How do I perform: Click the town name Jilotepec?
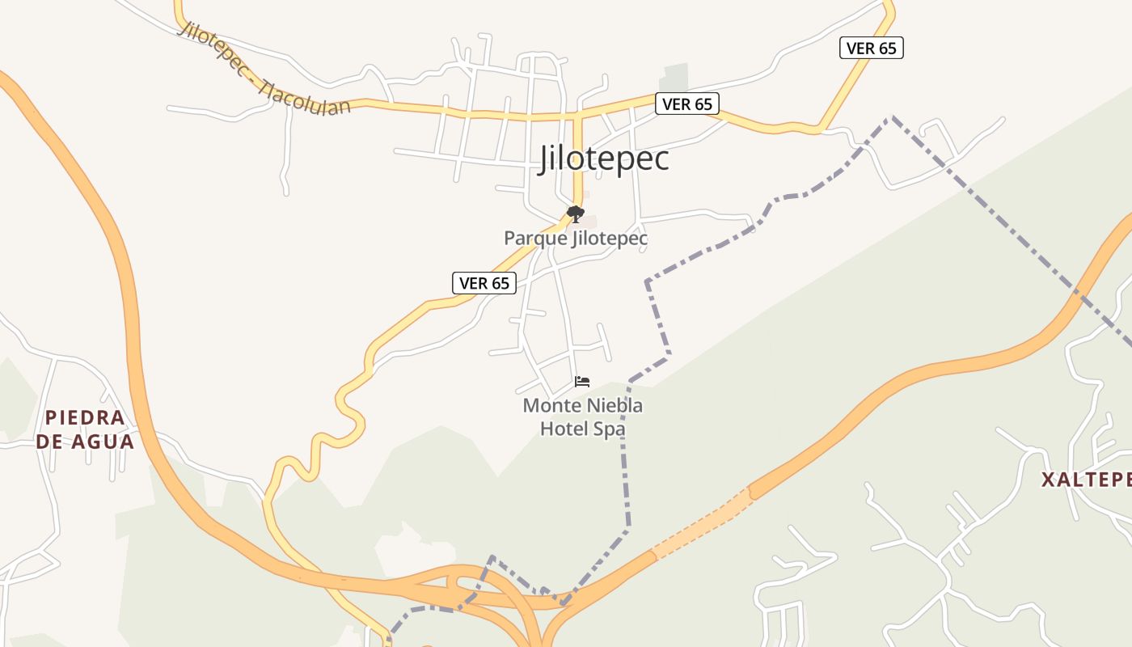[x=604, y=159]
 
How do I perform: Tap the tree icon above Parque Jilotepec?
[x=576, y=214]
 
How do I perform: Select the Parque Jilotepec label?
[x=576, y=239]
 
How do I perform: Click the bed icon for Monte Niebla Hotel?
[x=582, y=382]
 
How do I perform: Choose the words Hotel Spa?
[x=582, y=429]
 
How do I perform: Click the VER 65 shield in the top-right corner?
[x=871, y=48]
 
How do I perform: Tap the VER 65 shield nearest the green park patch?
[x=686, y=104]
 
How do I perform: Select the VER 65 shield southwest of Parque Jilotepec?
[x=484, y=283]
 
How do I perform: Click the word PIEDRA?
[x=86, y=418]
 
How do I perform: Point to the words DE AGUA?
[x=86, y=442]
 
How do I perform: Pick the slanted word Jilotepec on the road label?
[x=212, y=46]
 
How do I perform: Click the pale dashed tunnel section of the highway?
[x=702, y=523]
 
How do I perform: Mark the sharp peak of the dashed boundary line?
[x=892, y=118]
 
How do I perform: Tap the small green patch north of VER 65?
[x=674, y=78]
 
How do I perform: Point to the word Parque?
[x=534, y=239]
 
